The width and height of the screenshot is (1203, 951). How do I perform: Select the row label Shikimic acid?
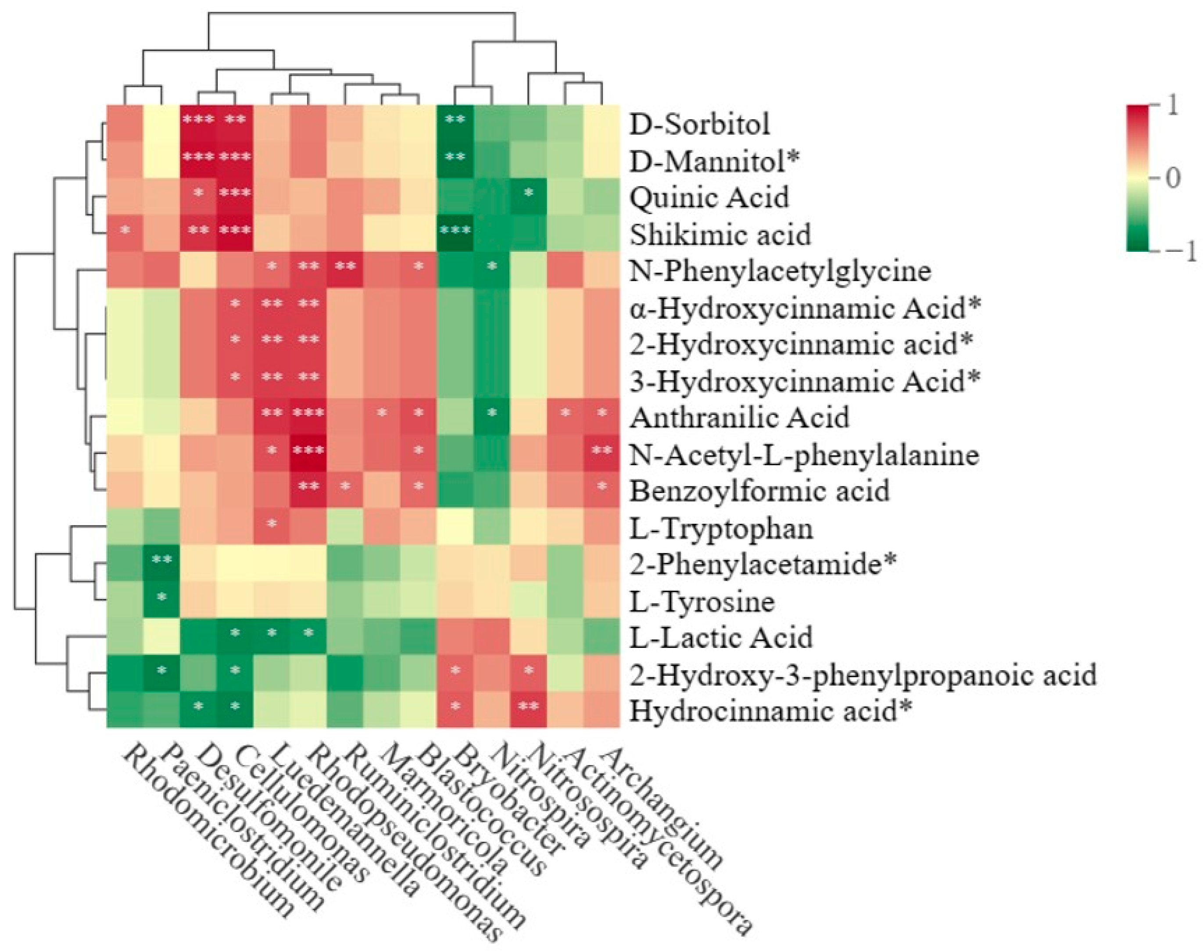click(720, 234)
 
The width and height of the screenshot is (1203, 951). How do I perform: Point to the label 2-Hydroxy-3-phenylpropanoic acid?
click(862, 674)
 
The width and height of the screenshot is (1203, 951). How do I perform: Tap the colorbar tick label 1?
click(1172, 106)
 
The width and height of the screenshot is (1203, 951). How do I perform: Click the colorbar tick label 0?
click(1172, 178)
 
